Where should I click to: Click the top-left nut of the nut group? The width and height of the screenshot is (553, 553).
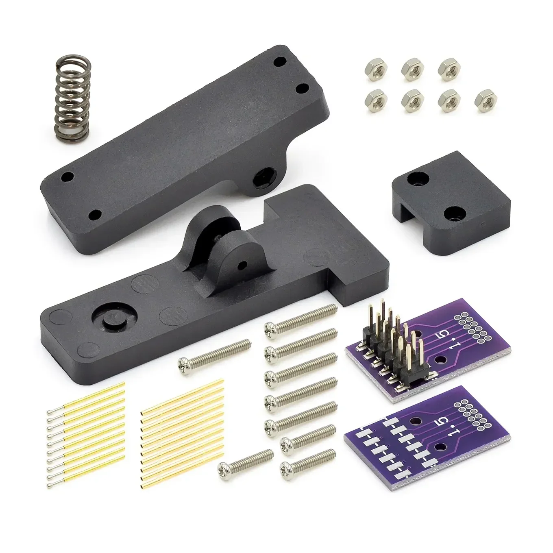pyautogui.click(x=373, y=66)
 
